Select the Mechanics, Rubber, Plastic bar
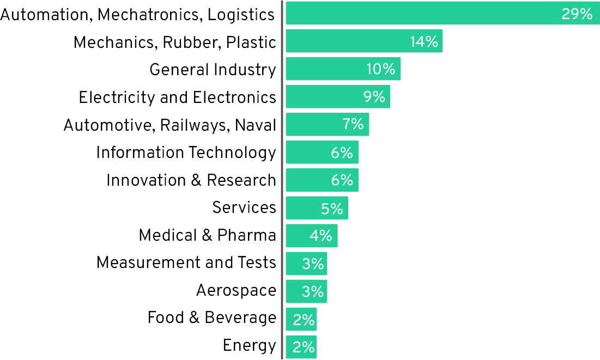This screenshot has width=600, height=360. (x=349, y=41)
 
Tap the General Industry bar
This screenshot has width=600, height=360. (x=327, y=69)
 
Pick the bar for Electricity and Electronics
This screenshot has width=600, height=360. (x=322, y=96)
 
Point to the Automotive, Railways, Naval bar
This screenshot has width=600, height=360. (x=313, y=124)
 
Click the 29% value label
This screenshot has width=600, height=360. (x=577, y=14)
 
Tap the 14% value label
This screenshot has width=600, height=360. (x=424, y=42)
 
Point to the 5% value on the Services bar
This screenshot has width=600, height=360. (x=331, y=209)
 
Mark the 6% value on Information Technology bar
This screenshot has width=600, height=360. (x=342, y=153)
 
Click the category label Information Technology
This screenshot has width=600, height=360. (x=186, y=153)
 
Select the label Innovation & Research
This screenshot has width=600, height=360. (x=191, y=180)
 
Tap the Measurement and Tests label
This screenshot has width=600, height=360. (x=186, y=263)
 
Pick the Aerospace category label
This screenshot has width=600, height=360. (x=236, y=291)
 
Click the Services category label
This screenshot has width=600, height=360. (x=244, y=208)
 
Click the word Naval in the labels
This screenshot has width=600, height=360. (x=256, y=125)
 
